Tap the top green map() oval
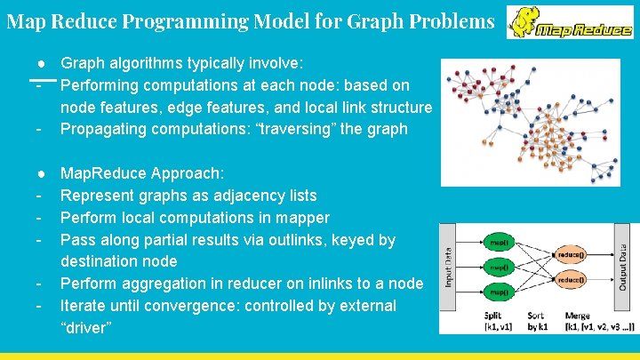pyautogui.click(x=499, y=242)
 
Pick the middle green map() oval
pyautogui.click(x=499, y=266)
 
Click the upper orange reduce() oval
pyautogui.click(x=572, y=254)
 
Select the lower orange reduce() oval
pyautogui.click(x=572, y=279)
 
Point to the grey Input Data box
pyautogui.click(x=451, y=266)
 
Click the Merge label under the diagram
pyautogui.click(x=578, y=316)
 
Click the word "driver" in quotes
pyautogui.click(x=85, y=328)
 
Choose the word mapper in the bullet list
pyautogui.click(x=300, y=218)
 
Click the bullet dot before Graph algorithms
pyautogui.click(x=41, y=63)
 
